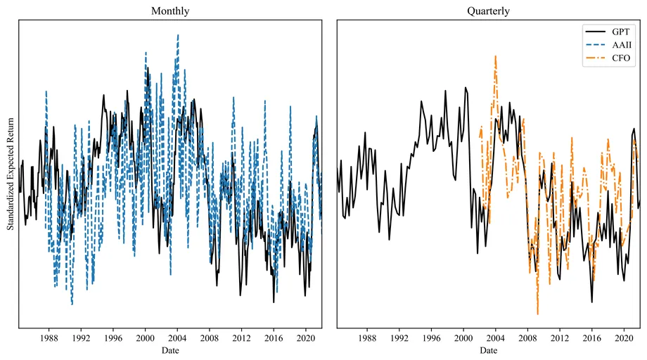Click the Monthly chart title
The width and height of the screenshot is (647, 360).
click(x=169, y=11)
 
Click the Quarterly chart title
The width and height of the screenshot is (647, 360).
click(x=488, y=11)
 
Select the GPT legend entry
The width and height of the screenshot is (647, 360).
click(x=616, y=31)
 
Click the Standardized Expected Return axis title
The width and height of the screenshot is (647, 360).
click(x=11, y=173)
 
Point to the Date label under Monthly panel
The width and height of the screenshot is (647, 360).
click(x=169, y=349)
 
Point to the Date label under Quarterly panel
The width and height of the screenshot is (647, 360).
click(x=488, y=349)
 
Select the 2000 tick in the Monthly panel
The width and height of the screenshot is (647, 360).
click(x=145, y=337)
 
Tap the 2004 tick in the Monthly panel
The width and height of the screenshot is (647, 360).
click(x=177, y=337)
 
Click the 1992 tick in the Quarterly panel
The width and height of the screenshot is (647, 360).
click(x=399, y=337)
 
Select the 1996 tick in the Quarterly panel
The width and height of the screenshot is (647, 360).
click(x=431, y=337)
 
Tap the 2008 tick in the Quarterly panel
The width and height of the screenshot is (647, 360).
click(x=527, y=337)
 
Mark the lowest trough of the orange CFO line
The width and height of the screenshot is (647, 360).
click(x=537, y=314)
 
